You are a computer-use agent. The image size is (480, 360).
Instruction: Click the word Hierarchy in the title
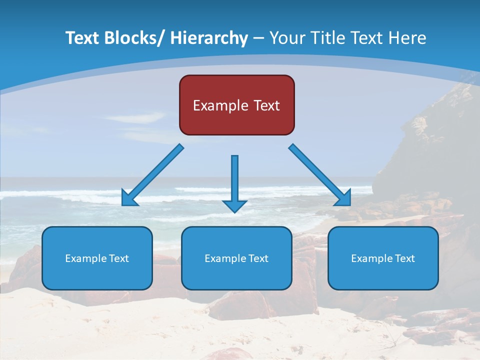[x=209, y=38]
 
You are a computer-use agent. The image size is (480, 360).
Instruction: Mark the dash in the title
[x=258, y=38]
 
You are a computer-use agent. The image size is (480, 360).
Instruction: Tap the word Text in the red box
[x=265, y=105]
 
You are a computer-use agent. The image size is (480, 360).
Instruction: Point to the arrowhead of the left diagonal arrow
[x=129, y=199]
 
